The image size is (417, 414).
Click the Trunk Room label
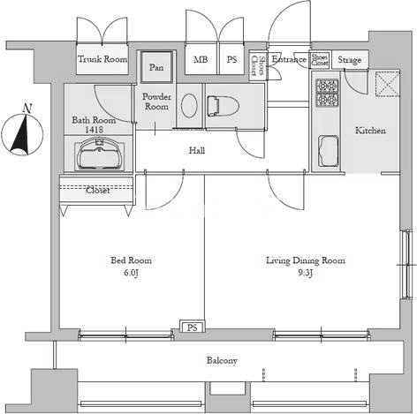102,59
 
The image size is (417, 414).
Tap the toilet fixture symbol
223,106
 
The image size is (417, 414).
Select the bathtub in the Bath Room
99,154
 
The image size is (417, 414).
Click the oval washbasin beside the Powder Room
189,106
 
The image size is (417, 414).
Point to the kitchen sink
328,151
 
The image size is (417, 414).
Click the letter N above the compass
27,109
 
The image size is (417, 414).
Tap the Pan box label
156,67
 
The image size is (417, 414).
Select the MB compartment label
201,60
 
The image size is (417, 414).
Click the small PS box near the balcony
192,327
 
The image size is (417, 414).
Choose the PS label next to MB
231,60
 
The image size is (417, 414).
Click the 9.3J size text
305,273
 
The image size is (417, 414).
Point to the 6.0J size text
131,273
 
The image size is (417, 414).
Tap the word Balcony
222,360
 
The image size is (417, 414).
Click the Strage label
349,60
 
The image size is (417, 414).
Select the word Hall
197,151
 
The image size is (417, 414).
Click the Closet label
98,191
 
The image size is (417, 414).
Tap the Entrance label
289,59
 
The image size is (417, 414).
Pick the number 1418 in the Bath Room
94,129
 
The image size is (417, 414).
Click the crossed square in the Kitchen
387,84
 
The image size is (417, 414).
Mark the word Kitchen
370,131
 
